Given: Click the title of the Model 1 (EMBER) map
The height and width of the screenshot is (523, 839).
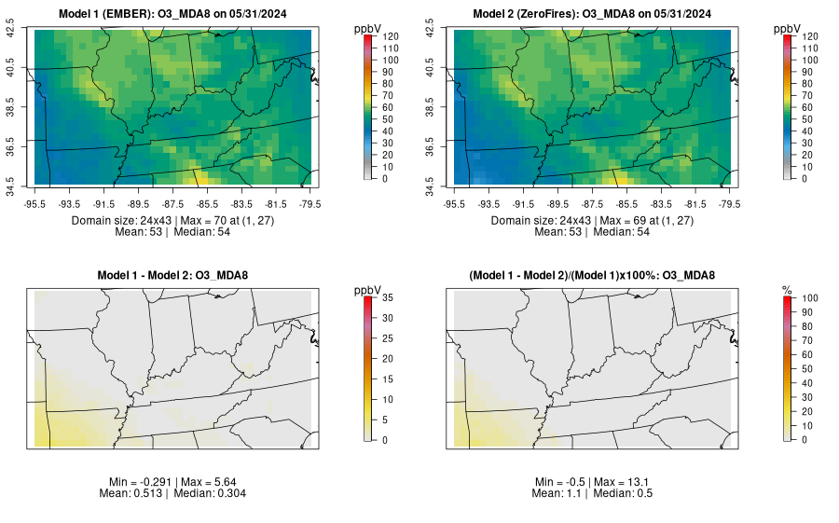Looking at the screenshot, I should point(172,14).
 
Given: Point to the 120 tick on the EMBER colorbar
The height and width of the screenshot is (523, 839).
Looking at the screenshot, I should point(392,35).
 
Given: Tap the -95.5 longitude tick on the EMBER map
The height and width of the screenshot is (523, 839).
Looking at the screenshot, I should point(34,202).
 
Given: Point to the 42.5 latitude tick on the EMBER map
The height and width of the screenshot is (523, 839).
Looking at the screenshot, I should point(11,31).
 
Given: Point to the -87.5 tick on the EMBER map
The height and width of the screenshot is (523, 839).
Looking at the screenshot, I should point(173,202).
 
